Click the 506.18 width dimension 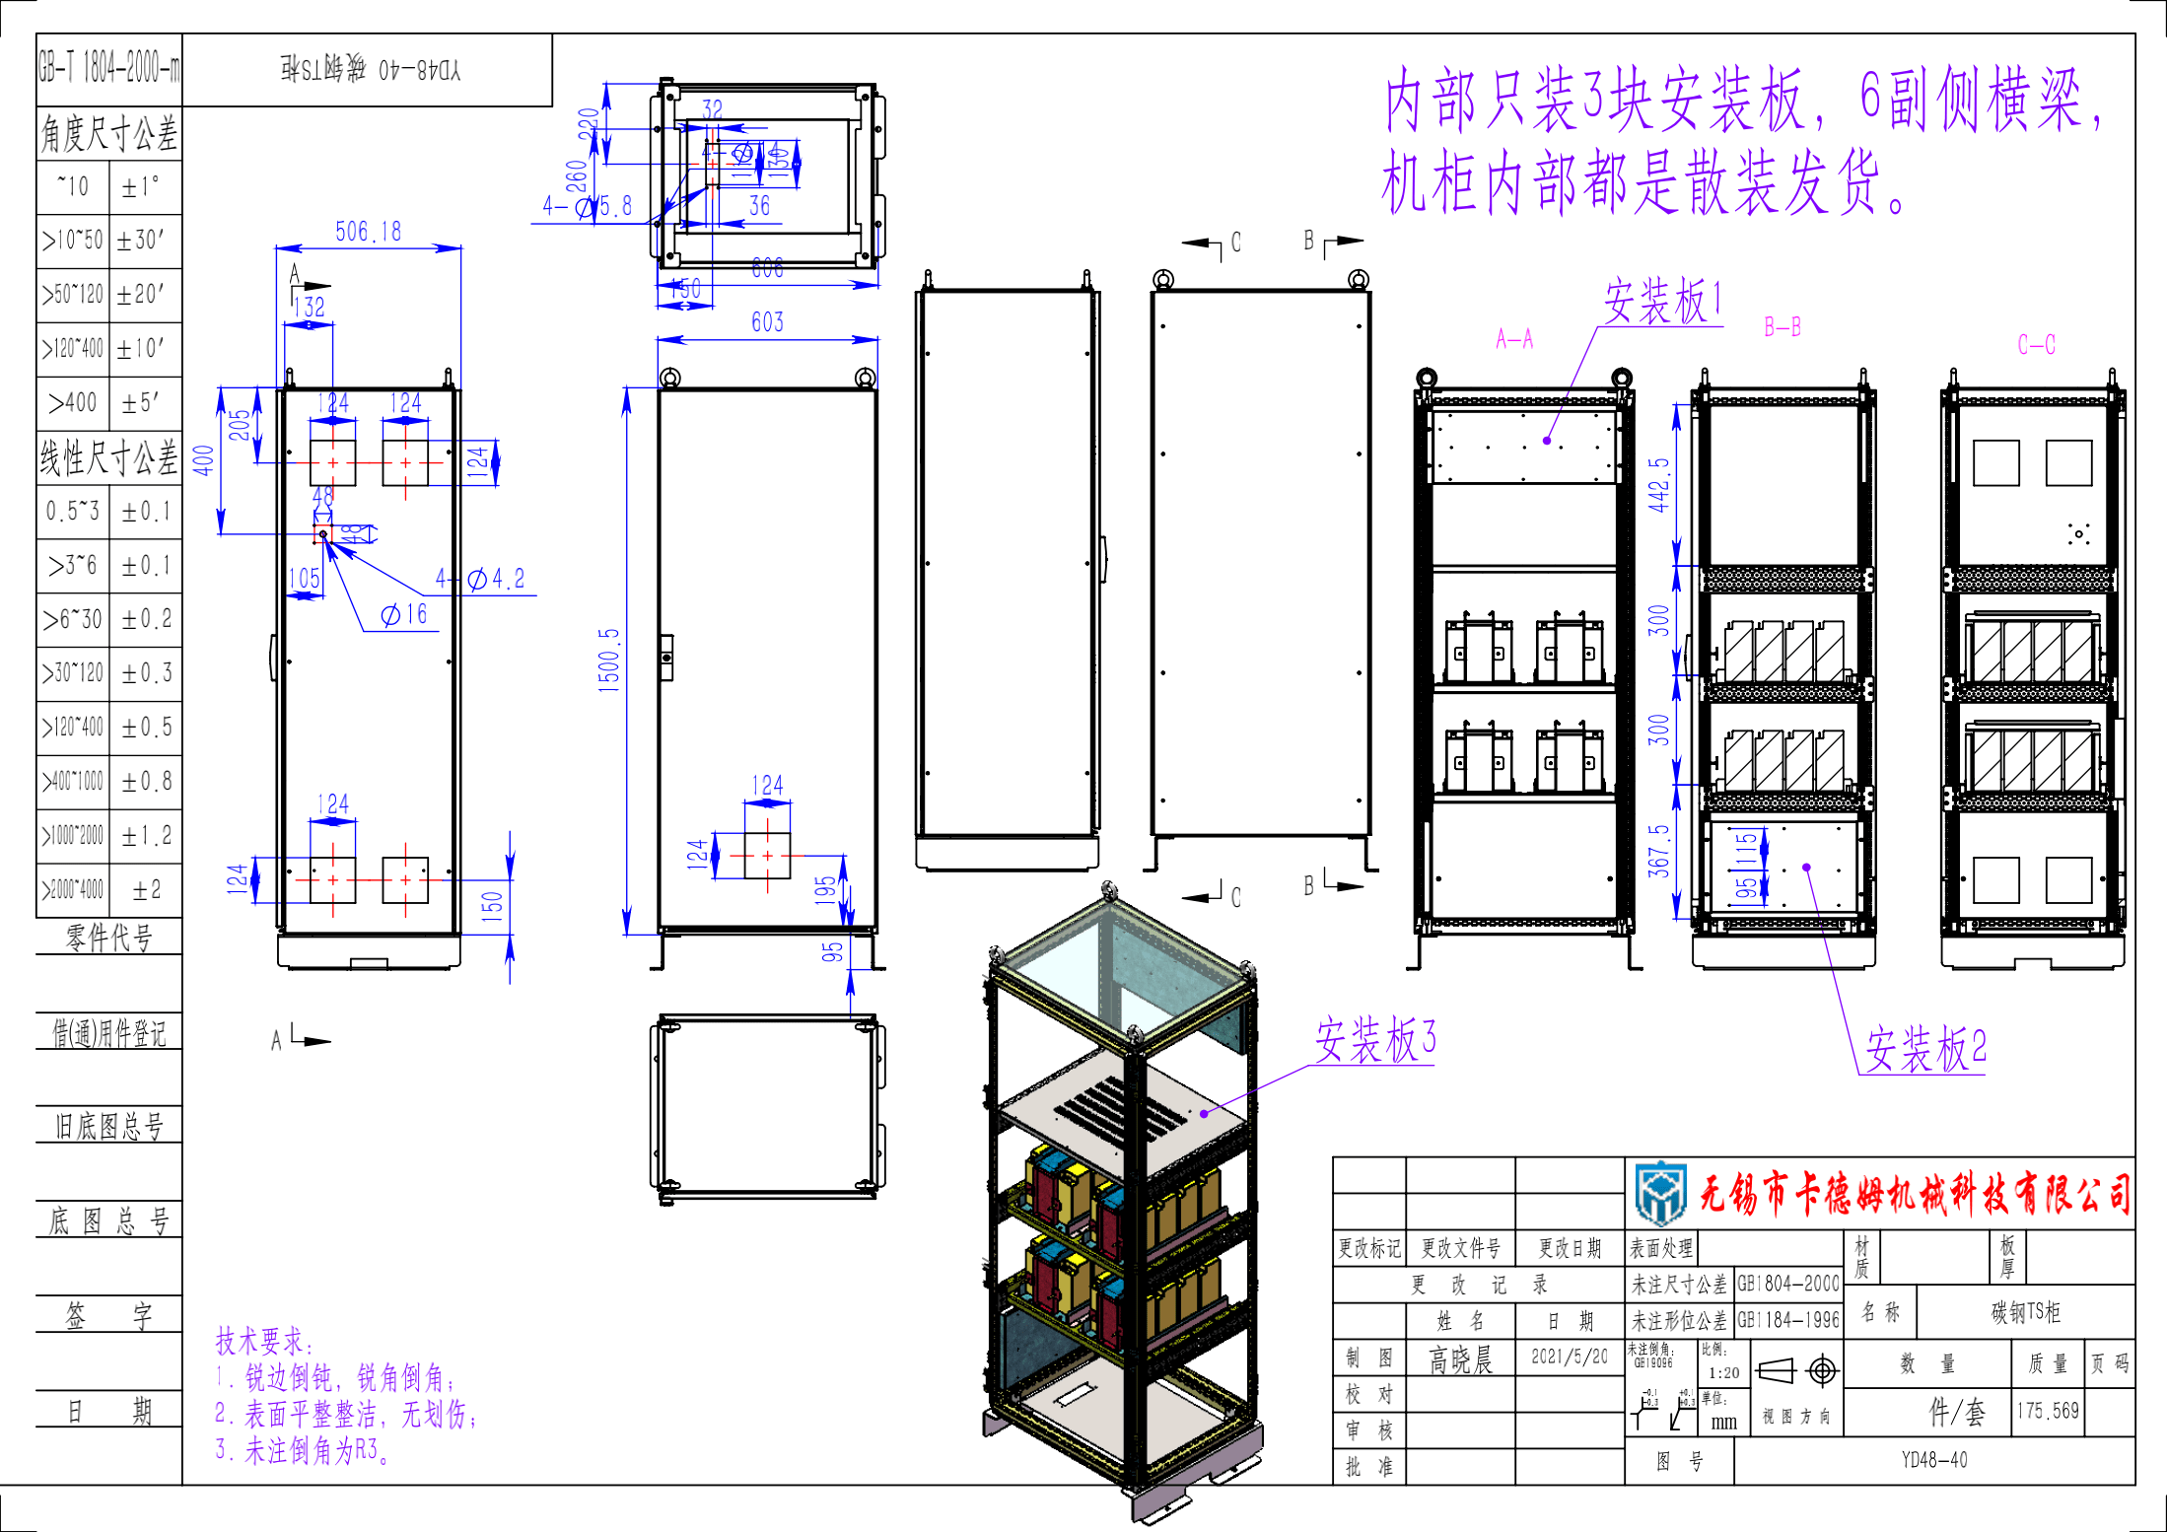point(368,232)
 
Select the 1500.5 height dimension point(609,661)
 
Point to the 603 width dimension point(767,322)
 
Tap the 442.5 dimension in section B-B point(1659,484)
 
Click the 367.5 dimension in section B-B point(1659,851)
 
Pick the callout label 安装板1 point(1663,301)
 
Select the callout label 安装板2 point(1925,1048)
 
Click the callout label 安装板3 point(1375,1039)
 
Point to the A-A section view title point(1514,339)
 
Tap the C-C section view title point(2036,344)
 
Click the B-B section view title point(1782,327)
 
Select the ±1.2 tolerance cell point(146,836)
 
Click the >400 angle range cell point(73,402)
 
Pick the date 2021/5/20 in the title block point(1569,1358)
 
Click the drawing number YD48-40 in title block point(1933,1460)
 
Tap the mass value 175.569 point(2047,1411)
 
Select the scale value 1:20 point(1723,1372)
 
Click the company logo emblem point(1660,1193)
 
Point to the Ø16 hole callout point(404,614)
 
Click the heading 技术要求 point(263,1341)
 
